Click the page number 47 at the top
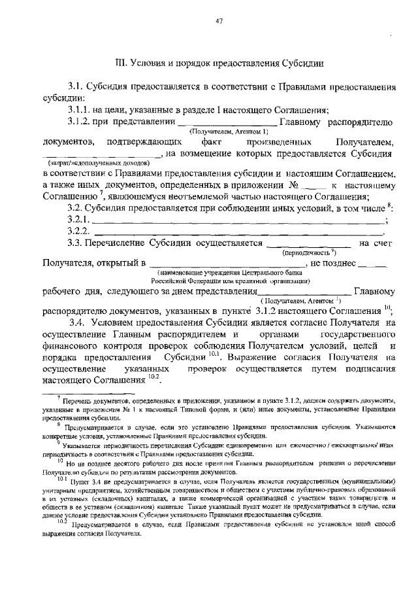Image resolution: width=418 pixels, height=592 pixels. pos(219,22)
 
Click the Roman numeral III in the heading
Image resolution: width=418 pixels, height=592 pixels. pos(120,63)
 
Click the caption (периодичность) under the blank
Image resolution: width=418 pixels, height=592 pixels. pos(310,252)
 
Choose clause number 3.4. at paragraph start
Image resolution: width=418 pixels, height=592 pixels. pos(78,322)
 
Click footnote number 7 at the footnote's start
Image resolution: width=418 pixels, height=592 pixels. pos(58,396)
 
